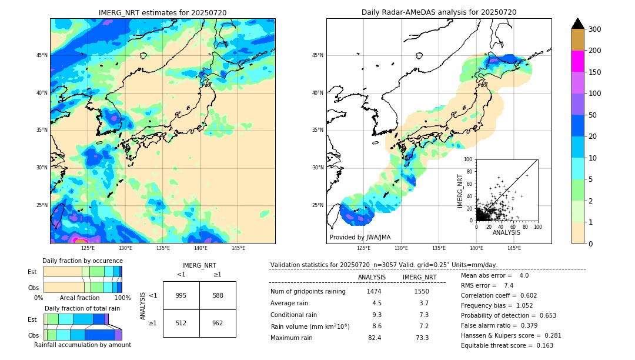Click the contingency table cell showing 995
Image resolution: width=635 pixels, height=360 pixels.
[181, 295]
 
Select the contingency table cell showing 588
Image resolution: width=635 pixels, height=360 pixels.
[218, 295]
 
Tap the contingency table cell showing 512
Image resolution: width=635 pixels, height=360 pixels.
[181, 322]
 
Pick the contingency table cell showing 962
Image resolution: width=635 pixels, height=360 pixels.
[218, 322]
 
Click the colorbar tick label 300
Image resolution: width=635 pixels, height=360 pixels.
[596, 29]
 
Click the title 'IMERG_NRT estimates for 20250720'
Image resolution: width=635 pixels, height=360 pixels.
[162, 12]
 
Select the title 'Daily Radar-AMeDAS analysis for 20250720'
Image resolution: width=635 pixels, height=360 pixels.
[439, 12]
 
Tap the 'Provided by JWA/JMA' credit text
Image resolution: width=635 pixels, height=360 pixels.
[360, 238]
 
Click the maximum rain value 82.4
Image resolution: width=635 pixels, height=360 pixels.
[375, 338]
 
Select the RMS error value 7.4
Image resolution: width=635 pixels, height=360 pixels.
[509, 285]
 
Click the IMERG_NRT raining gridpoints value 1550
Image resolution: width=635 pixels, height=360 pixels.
[421, 291]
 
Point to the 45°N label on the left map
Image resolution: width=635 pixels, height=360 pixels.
[42, 55]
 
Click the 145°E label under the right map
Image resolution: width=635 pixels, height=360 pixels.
[514, 248]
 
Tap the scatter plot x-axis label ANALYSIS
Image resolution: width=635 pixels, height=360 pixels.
[506, 232]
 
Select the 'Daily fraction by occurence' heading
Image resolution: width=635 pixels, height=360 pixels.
[82, 261]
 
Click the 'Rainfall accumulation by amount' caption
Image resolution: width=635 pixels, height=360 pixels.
[82, 345]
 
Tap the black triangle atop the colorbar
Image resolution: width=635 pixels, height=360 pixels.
[578, 24]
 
